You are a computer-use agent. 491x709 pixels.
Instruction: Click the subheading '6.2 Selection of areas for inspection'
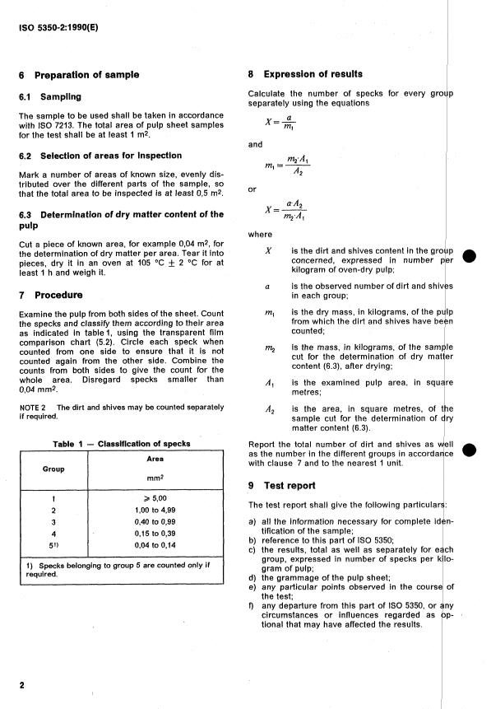point(100,156)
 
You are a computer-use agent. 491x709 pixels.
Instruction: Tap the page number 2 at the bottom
point(21,684)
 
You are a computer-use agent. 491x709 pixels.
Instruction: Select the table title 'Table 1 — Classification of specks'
point(121,444)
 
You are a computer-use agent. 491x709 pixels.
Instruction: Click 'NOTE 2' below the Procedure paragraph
point(33,408)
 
